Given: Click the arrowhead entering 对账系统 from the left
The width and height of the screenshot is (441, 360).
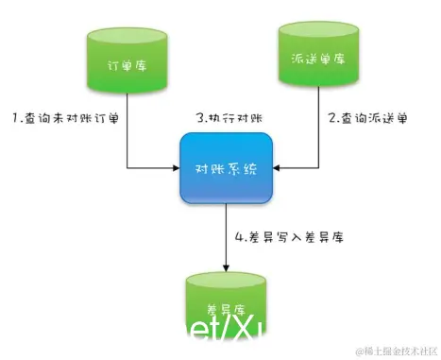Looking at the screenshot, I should pos(175,169).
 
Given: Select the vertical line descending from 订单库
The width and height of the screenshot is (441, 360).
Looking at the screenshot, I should pos(127,132).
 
